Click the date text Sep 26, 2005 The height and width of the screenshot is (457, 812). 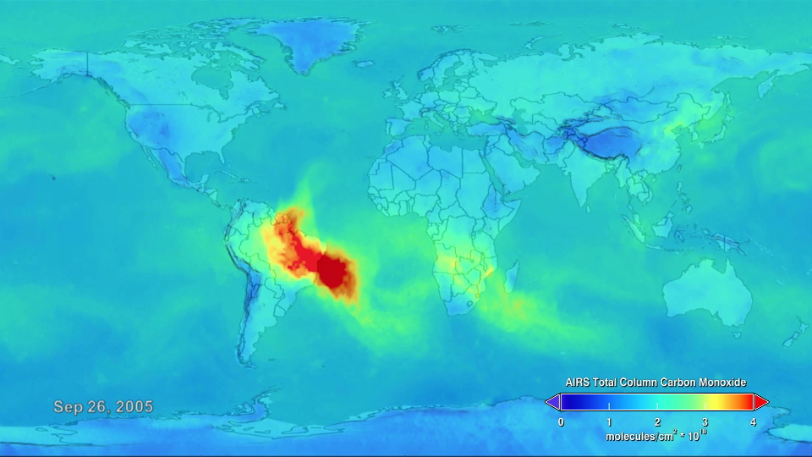(x=103, y=407)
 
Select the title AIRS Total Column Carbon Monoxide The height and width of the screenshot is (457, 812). (x=656, y=383)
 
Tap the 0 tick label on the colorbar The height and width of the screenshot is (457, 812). (x=561, y=421)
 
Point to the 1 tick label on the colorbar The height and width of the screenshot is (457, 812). (x=609, y=421)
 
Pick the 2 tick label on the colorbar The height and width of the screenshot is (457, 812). (x=657, y=421)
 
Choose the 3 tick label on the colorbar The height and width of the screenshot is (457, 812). (x=705, y=421)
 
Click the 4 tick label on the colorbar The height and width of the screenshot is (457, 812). (x=753, y=421)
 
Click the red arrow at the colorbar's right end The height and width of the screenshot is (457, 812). (x=761, y=401)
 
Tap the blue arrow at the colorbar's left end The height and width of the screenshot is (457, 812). (x=552, y=401)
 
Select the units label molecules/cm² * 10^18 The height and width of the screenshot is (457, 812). (x=656, y=437)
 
